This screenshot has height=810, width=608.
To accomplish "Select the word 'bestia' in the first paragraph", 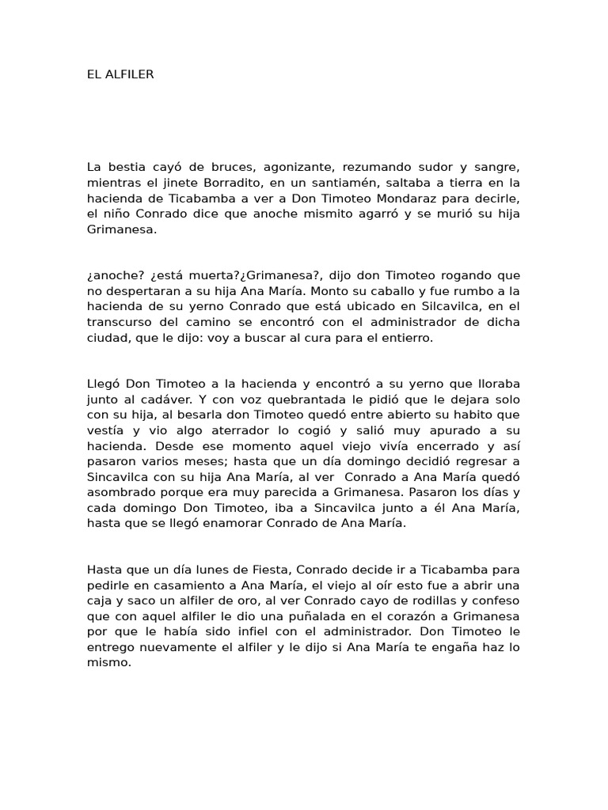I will [x=125, y=167].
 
